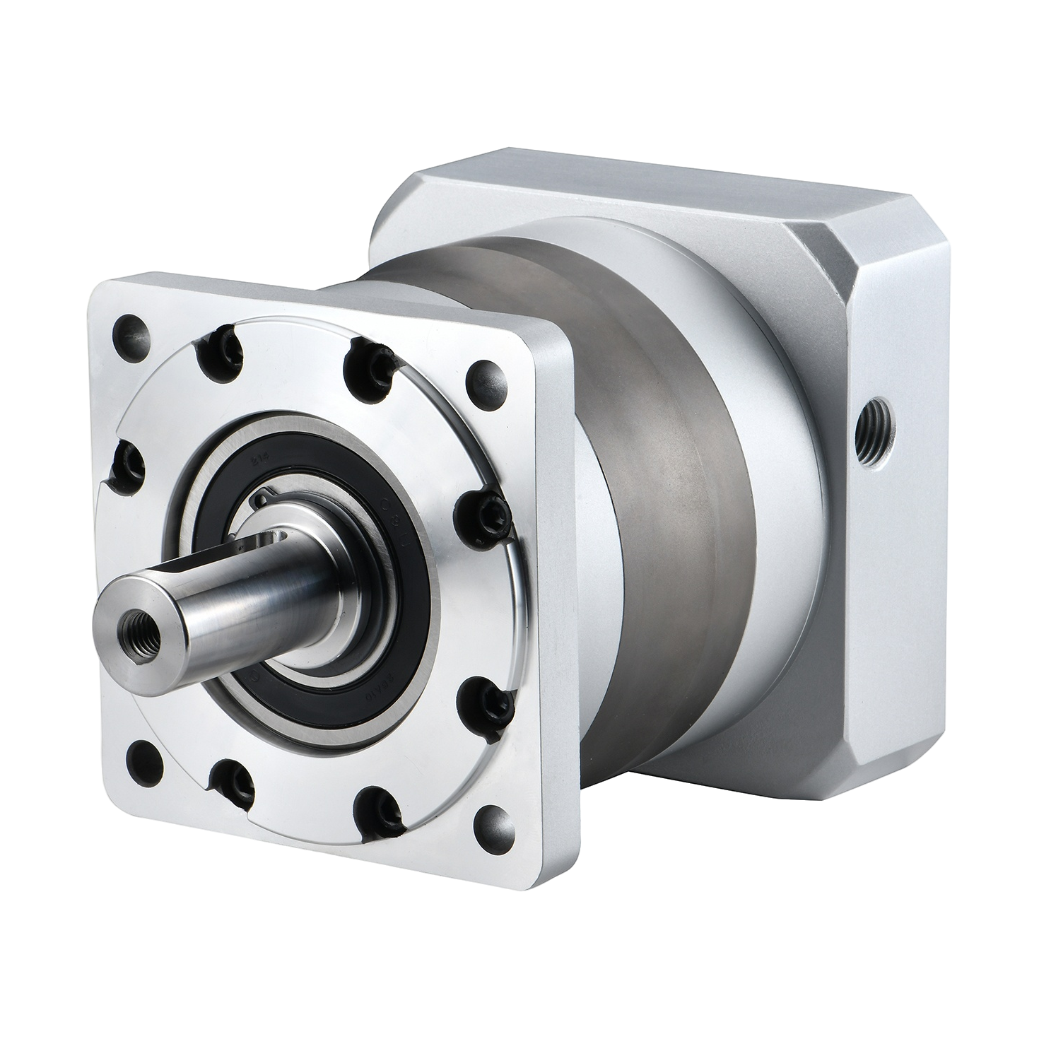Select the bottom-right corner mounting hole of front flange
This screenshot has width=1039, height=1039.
click(488, 821)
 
